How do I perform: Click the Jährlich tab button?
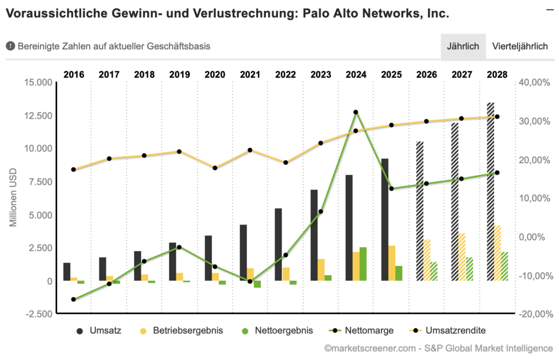pyautogui.click(x=463, y=46)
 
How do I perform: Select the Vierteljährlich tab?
pyautogui.click(x=520, y=46)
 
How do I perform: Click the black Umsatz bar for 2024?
pyautogui.click(x=349, y=228)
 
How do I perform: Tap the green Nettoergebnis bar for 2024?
pyautogui.click(x=363, y=264)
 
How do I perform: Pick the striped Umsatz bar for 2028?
pyautogui.click(x=490, y=191)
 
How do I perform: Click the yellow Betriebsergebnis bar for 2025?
pyautogui.click(x=391, y=263)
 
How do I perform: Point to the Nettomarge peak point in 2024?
pyautogui.click(x=356, y=112)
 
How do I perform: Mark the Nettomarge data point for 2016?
pyautogui.click(x=73, y=299)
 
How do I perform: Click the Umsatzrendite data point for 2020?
pyautogui.click(x=215, y=168)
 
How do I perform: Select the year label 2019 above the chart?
pyautogui.click(x=180, y=74)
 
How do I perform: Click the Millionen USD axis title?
pyautogui.click(x=13, y=198)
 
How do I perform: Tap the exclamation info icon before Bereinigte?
pyautogui.click(x=10, y=46)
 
